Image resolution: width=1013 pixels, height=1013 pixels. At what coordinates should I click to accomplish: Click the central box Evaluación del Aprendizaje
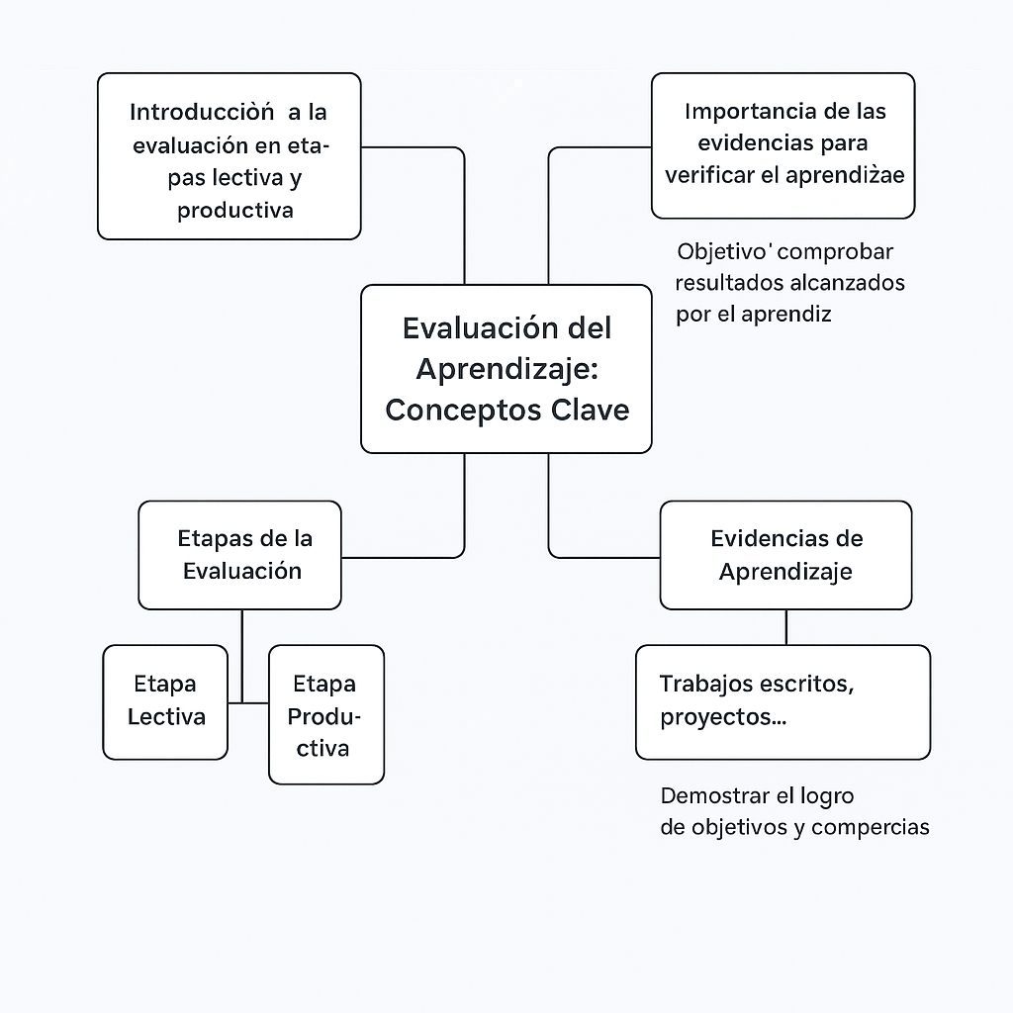506,368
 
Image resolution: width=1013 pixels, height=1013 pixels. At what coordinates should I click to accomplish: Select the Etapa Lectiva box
165,701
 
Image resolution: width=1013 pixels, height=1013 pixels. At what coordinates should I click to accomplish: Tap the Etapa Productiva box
325,714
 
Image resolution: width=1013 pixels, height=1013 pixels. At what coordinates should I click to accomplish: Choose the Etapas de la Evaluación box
240,554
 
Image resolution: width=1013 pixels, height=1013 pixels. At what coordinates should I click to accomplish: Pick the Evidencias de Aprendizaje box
785,554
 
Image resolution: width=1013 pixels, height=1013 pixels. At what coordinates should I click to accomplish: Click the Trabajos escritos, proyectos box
783,701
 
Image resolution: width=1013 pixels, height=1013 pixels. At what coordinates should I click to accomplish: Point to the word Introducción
202,113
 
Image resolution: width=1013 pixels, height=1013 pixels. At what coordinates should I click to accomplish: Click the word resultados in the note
728,283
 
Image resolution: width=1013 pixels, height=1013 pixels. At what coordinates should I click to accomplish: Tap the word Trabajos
710,684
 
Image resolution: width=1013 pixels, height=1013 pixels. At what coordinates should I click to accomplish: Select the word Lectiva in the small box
166,716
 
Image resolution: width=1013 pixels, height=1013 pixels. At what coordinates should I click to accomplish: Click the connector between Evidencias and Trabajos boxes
786,627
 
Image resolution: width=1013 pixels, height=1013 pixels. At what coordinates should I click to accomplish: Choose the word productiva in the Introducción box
235,211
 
